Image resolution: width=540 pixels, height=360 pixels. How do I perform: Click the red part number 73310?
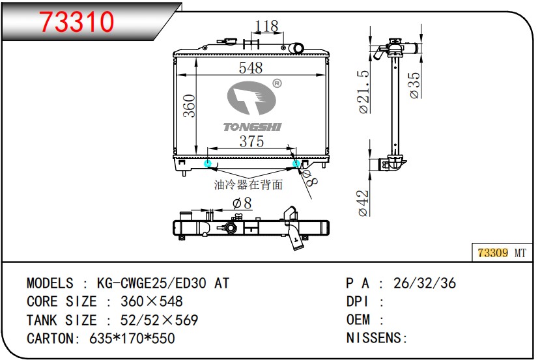coord(76,21)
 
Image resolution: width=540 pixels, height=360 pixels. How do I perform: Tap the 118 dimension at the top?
coord(266,26)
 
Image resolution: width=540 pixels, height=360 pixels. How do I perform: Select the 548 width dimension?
coord(251,68)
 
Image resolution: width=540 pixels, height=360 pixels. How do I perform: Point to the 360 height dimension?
coord(189,105)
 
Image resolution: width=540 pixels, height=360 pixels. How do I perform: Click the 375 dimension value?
coord(251,141)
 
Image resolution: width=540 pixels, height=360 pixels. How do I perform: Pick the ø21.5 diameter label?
coord(363,92)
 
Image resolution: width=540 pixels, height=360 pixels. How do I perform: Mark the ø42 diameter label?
coord(363,203)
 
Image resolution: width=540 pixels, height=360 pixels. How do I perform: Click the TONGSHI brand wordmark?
coord(253,127)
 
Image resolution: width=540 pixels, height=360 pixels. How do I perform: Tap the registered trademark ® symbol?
coord(277,83)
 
